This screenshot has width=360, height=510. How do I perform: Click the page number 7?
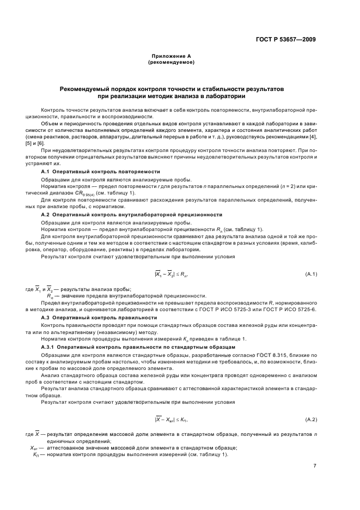(x=315, y=465)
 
